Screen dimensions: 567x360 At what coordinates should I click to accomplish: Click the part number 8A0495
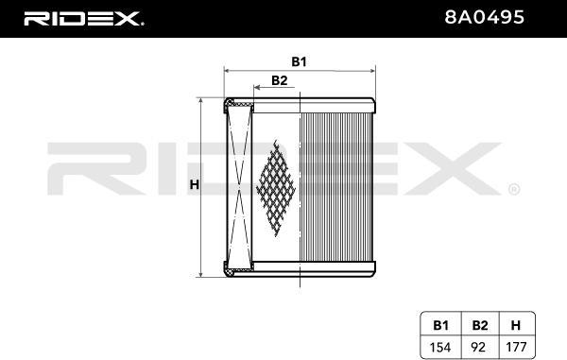click(x=484, y=17)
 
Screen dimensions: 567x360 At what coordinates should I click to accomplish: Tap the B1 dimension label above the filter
click(x=299, y=61)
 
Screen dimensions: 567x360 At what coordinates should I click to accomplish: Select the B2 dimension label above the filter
click(x=280, y=80)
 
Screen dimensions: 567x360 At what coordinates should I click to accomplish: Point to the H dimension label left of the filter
click(x=195, y=184)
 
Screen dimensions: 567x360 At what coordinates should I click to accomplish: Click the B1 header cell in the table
click(x=440, y=325)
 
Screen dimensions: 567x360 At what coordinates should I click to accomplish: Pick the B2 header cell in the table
click(x=480, y=325)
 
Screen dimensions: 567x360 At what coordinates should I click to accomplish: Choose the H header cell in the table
click(x=516, y=325)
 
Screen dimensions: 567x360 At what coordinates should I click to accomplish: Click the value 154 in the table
click(x=440, y=348)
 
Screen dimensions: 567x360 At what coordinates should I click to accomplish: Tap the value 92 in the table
click(x=478, y=348)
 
